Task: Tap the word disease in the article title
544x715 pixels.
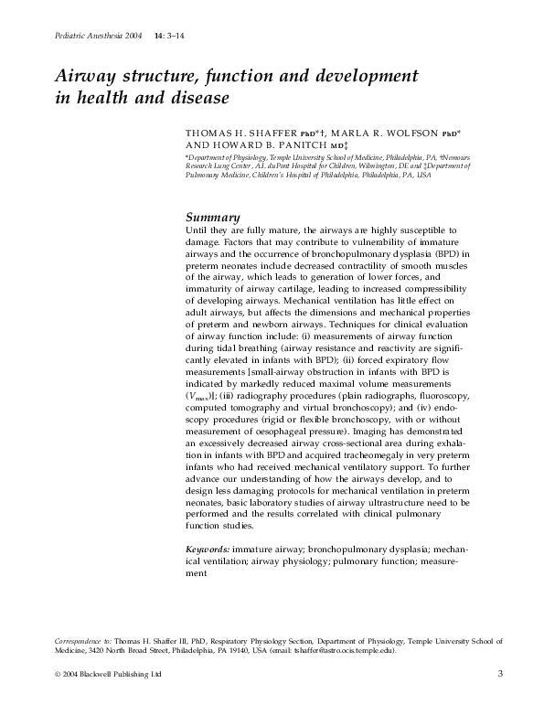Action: tap(196, 96)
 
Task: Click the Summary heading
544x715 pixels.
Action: tap(213, 218)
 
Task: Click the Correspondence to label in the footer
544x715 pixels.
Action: tap(78, 643)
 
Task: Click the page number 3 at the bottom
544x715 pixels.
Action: tap(500, 674)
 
